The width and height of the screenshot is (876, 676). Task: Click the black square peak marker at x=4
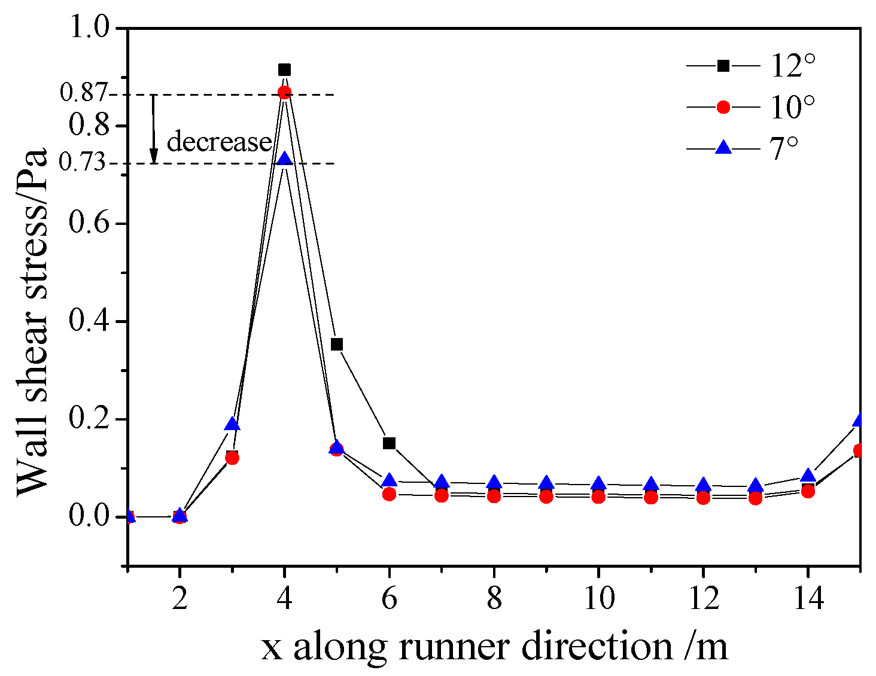click(x=285, y=70)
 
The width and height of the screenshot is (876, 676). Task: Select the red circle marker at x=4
click(x=285, y=92)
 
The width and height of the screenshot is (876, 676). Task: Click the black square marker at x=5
click(x=337, y=344)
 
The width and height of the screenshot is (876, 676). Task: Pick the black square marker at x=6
click(x=390, y=443)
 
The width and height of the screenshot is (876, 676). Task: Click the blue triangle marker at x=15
click(x=859, y=420)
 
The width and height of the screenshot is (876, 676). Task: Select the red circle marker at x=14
click(x=808, y=491)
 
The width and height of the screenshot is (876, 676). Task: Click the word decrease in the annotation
click(x=219, y=142)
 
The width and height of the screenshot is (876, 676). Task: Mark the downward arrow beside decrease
click(x=154, y=129)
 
